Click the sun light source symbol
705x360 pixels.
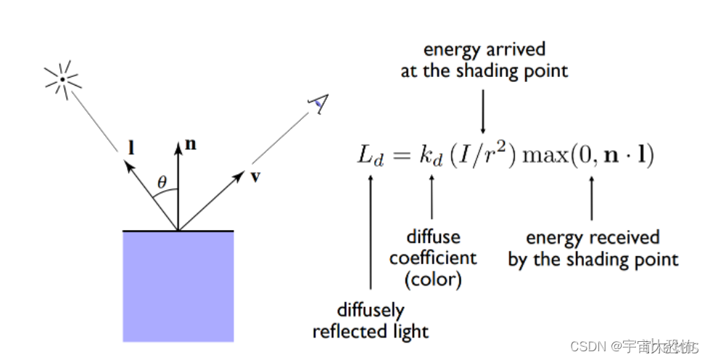62,78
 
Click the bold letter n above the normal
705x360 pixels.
191,144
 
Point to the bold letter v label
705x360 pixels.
255,176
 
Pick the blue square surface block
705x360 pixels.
178,286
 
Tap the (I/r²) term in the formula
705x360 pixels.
483,156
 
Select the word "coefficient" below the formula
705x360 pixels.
433,258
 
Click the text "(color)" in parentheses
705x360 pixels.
433,278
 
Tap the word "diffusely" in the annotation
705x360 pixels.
371,311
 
